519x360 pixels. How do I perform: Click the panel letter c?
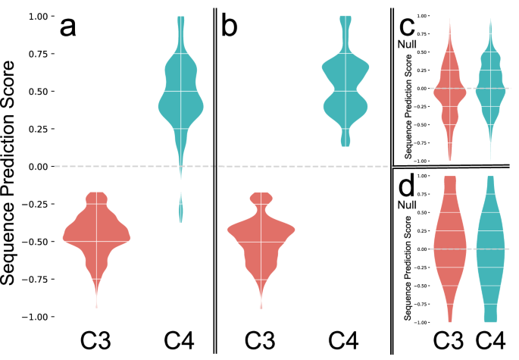coord(408,27)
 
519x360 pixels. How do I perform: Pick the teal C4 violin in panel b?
coord(345,91)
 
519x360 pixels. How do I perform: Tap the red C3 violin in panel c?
coord(449,91)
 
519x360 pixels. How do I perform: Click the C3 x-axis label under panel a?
coord(95,342)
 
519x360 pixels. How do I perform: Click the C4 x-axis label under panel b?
coord(345,342)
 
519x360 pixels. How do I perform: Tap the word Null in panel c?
coord(407,44)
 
